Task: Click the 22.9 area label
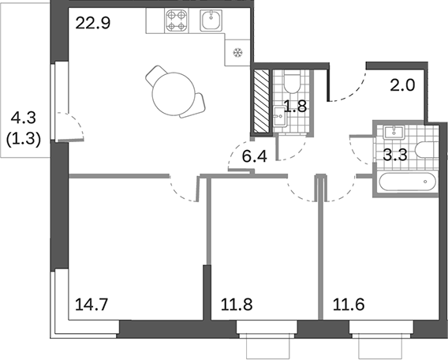[x=92, y=23]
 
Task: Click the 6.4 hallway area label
[x=254, y=156]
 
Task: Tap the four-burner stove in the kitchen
[x=177, y=21]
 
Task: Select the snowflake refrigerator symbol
[x=236, y=54]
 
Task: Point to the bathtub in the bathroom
[x=406, y=182]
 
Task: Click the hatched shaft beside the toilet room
[x=260, y=103]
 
